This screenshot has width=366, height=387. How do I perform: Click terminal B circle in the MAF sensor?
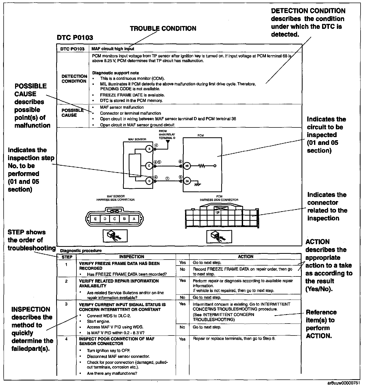coord(149,149)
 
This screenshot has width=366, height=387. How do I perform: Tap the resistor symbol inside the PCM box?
coord(202,166)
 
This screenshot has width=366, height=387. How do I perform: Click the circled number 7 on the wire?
coord(168,178)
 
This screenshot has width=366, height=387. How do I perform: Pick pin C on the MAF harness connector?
coord(115,219)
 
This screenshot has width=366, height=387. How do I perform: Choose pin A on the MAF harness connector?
coord(134,219)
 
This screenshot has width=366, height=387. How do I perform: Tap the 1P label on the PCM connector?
coord(218,212)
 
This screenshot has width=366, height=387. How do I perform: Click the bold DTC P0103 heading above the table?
coord(75,38)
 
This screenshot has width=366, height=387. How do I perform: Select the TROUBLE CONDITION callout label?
coord(163,29)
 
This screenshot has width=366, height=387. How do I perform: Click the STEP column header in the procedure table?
coord(67,257)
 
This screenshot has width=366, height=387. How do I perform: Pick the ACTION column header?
coord(245,257)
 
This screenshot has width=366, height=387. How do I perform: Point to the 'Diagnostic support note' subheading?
coord(115,73)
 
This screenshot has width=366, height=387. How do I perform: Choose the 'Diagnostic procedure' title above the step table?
coord(81,251)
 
